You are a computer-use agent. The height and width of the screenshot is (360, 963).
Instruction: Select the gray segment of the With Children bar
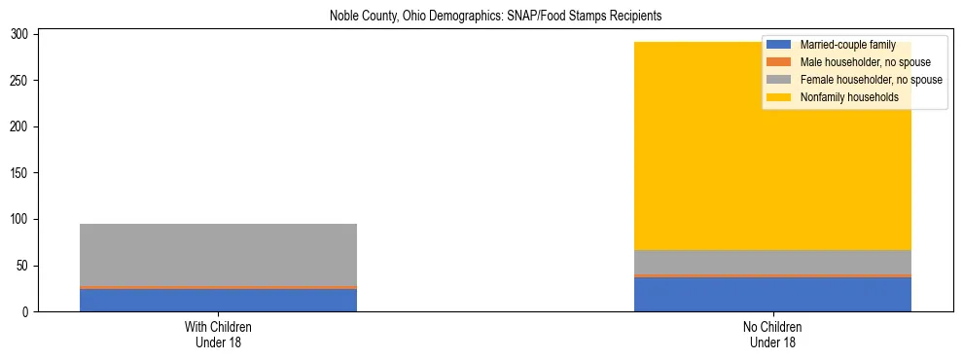(x=218, y=254)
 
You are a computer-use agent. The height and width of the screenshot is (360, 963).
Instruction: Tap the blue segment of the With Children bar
(x=218, y=300)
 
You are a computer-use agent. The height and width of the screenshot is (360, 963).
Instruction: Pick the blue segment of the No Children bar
(x=772, y=295)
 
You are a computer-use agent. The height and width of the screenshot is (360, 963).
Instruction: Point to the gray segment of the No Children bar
(x=772, y=263)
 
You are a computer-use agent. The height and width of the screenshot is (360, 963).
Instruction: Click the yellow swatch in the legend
(x=780, y=97)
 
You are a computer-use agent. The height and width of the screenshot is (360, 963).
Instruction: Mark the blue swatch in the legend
(x=780, y=45)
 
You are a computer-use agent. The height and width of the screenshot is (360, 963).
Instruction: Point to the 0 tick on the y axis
(x=27, y=312)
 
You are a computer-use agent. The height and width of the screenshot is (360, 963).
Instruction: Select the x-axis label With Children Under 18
(x=218, y=334)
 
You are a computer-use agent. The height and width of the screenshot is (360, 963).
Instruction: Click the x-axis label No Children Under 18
(x=772, y=334)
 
